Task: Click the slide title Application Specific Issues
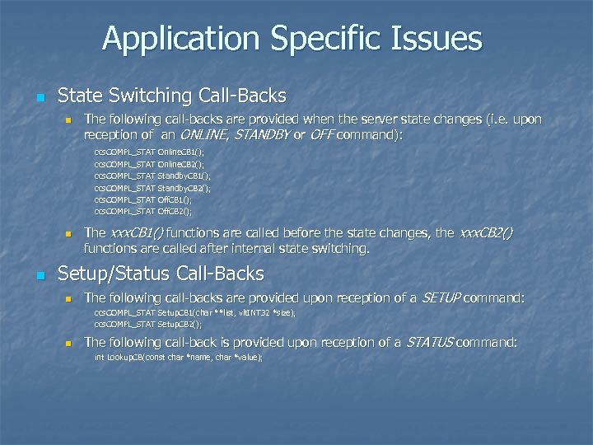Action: (292, 38)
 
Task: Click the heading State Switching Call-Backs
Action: (172, 95)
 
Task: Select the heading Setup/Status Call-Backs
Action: (161, 273)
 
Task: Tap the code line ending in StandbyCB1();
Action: (152, 176)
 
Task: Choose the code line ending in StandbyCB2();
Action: (152, 188)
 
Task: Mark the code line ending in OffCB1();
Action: (142, 199)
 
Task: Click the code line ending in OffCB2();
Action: (142, 211)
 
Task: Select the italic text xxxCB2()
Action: (485, 233)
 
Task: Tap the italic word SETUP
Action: (441, 297)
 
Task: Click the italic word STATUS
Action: (428, 342)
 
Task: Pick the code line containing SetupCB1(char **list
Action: (194, 313)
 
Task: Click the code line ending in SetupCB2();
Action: (147, 325)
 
